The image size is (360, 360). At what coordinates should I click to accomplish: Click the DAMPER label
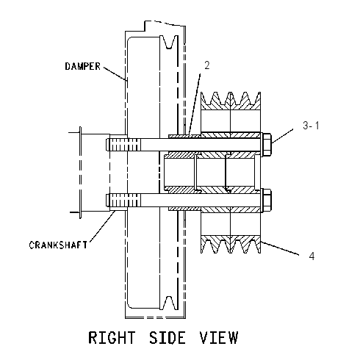[x=82, y=66]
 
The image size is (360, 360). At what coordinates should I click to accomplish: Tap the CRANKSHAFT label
[x=58, y=245]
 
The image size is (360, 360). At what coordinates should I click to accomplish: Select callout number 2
[x=207, y=65]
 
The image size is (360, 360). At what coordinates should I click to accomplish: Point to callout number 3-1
[x=311, y=126]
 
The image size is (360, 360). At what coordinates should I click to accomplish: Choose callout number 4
[x=312, y=256]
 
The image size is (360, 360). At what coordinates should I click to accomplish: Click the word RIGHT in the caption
[x=112, y=337]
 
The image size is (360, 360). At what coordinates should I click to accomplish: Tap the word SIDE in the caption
[x=168, y=337]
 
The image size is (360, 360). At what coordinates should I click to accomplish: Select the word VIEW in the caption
[x=218, y=337]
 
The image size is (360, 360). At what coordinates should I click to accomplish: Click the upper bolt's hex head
[x=267, y=145]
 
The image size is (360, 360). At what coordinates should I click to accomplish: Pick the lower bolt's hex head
[x=267, y=200]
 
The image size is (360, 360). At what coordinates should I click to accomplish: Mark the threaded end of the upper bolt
[x=123, y=145]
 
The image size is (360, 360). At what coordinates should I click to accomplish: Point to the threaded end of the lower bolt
[x=123, y=200]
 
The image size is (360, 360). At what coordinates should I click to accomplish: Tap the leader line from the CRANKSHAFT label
[x=102, y=226]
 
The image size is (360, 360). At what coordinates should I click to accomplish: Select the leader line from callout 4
[x=280, y=248]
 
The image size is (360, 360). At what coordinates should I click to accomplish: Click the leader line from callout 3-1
[x=282, y=136]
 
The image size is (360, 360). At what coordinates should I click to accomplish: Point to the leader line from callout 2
[x=195, y=104]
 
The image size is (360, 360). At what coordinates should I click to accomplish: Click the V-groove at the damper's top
[x=169, y=42]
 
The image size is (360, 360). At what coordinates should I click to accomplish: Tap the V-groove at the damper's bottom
[x=169, y=303]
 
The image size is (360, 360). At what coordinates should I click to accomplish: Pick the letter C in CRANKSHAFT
[x=32, y=245]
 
